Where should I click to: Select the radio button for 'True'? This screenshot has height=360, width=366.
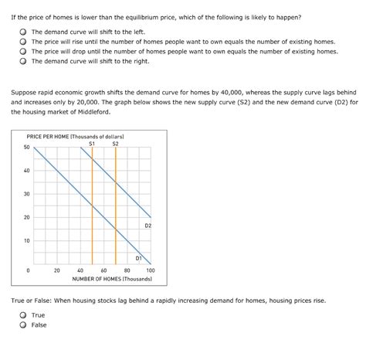[24, 315]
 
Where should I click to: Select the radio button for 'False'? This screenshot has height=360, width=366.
[24, 325]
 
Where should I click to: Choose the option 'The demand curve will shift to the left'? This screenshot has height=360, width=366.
[24, 32]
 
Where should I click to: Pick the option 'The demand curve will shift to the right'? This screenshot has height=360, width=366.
[24, 60]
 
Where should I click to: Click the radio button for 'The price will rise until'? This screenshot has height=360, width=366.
[24, 42]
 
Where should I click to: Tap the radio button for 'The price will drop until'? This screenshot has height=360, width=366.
[24, 51]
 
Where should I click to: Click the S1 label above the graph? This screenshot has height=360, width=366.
[92, 143]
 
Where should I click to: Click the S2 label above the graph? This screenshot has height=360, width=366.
[115, 143]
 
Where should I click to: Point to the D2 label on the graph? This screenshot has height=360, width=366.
[147, 225]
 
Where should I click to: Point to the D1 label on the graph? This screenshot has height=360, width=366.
[139, 257]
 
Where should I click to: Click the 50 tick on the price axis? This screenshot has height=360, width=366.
[27, 147]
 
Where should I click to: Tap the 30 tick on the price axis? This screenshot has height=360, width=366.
[27, 194]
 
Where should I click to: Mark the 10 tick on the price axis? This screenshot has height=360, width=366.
[27, 241]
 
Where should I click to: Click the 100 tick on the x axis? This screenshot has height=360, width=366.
[151, 270]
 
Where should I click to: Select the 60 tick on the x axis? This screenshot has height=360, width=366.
[103, 270]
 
